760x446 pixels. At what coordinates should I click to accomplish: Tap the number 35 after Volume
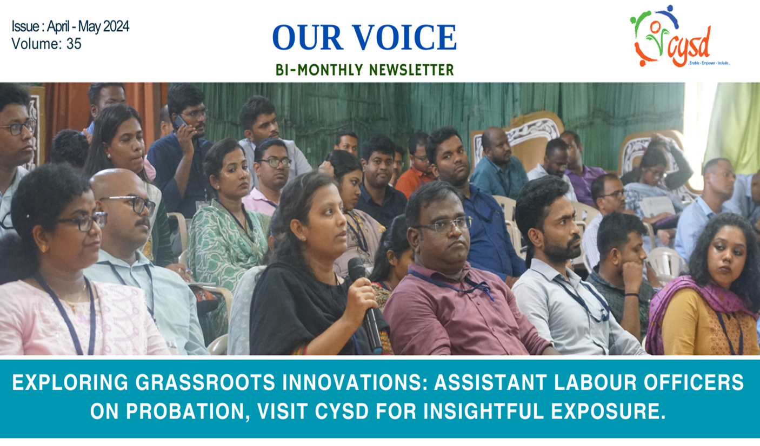[x=74, y=44]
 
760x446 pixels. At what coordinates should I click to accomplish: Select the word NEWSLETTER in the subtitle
[x=411, y=70]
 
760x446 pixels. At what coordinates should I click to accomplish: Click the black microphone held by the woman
[x=365, y=304]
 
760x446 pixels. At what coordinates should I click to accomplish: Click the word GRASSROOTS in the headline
[x=205, y=382]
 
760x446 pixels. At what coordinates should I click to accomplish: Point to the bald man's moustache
[x=142, y=222]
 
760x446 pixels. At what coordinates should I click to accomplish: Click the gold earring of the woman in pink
[x=44, y=249]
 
